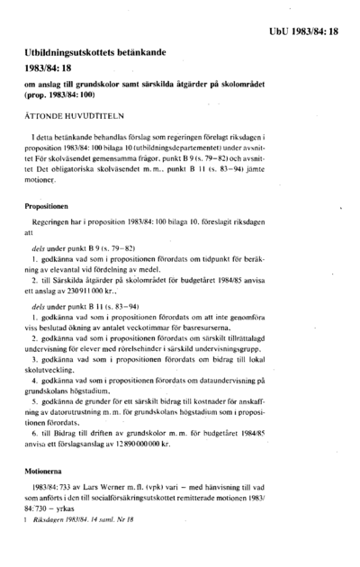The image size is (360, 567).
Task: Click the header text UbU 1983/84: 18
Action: [x=305, y=32]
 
